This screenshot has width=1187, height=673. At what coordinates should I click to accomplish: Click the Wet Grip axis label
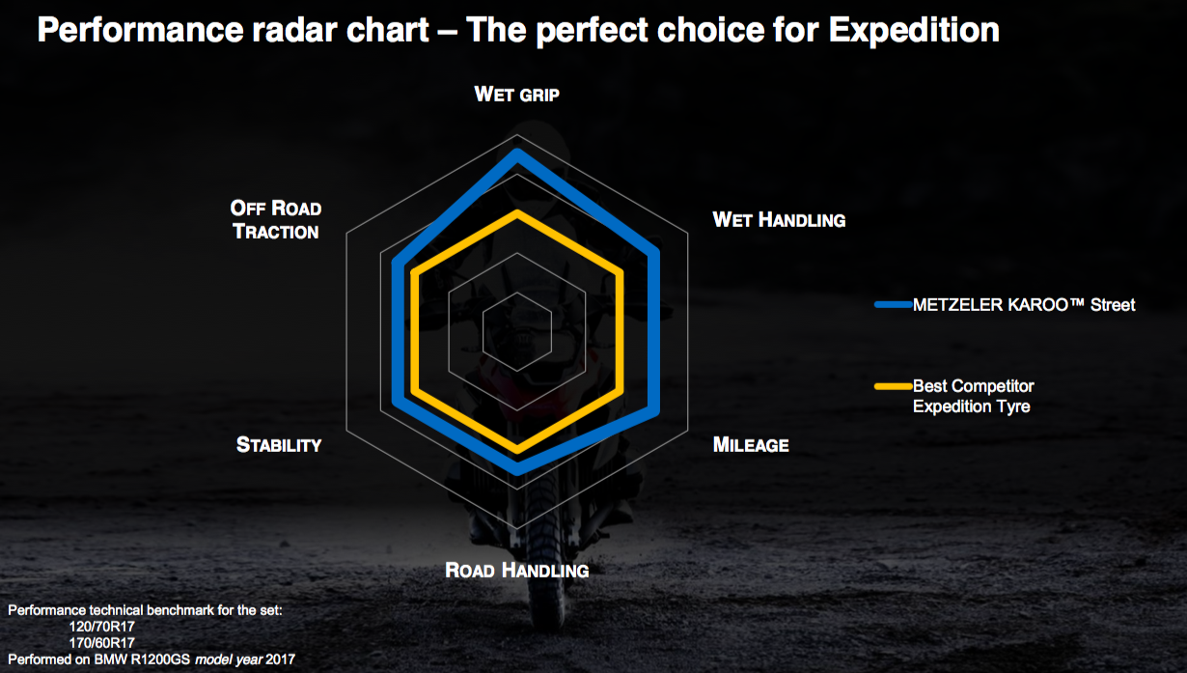(516, 95)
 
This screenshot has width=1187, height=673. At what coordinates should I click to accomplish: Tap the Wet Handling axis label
(779, 219)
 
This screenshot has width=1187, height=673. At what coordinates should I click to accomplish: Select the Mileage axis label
(751, 445)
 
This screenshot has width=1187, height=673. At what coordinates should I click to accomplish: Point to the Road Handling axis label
(516, 570)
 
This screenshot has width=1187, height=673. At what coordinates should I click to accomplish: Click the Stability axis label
(279, 445)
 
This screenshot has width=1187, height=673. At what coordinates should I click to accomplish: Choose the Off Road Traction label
(276, 219)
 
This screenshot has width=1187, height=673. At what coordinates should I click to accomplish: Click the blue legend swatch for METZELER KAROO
(893, 304)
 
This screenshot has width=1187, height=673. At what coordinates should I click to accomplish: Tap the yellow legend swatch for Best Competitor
(893, 386)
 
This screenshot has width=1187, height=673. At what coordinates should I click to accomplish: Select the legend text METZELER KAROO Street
(1024, 305)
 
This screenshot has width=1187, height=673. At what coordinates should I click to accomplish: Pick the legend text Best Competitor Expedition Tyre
(973, 396)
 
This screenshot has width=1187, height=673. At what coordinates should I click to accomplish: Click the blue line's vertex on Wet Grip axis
(517, 154)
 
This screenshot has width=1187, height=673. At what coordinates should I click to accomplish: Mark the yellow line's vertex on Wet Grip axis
(517, 213)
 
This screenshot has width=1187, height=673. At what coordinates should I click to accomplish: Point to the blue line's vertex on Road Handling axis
(517, 469)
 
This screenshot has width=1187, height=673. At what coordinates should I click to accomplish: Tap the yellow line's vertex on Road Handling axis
(517, 449)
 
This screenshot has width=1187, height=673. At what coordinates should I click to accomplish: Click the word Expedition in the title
(914, 30)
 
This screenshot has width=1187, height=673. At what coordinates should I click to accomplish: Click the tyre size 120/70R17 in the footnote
(101, 627)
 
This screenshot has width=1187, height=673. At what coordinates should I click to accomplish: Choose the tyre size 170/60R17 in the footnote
(101, 643)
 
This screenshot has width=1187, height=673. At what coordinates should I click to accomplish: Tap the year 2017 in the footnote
(280, 659)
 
